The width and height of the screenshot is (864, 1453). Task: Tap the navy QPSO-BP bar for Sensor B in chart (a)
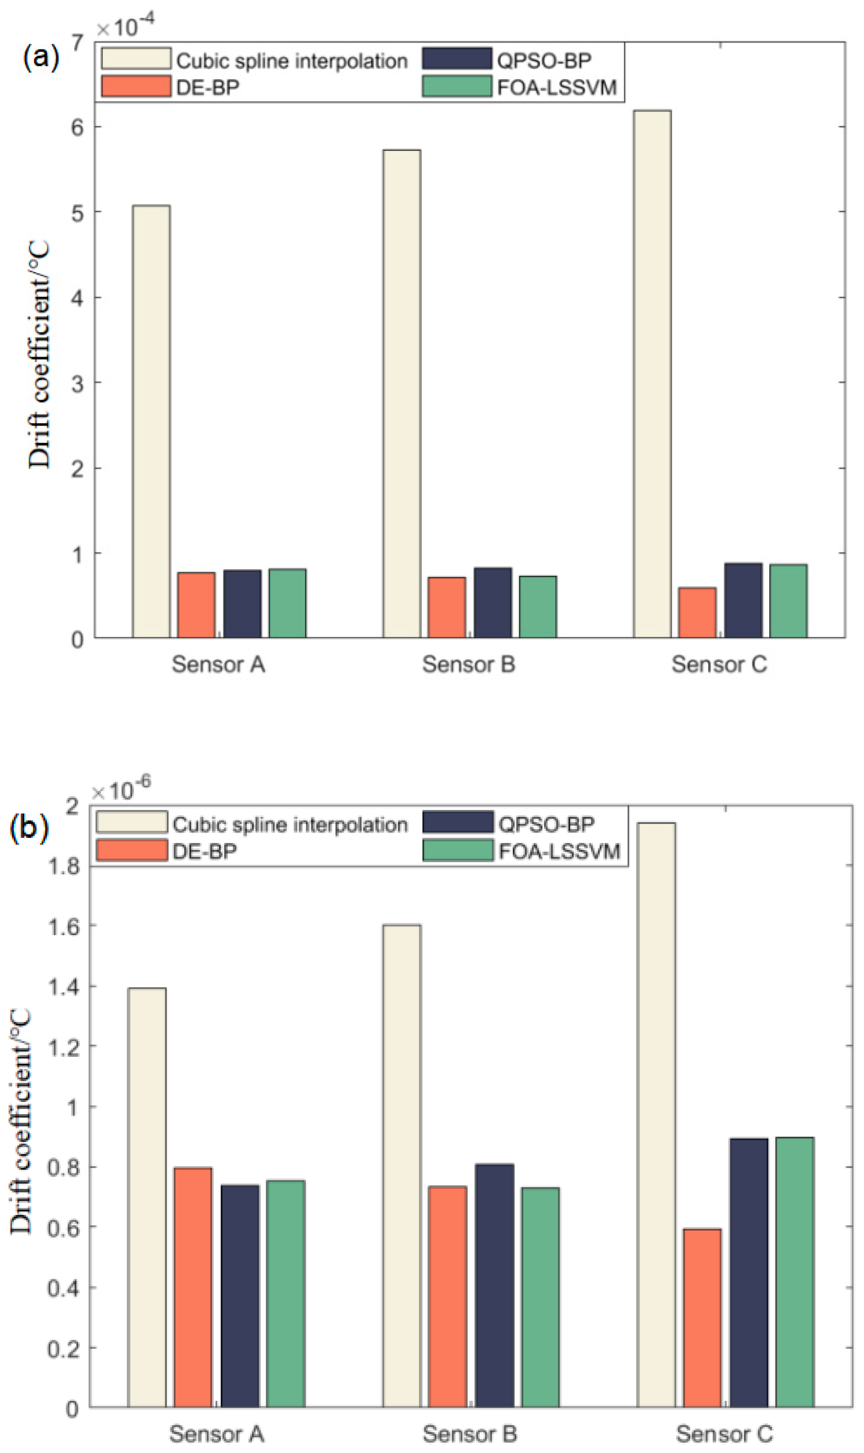pos(492,602)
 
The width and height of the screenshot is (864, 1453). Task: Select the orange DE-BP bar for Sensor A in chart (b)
pos(193,1287)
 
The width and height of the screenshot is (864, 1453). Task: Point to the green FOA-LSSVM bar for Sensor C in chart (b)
pos(794,1272)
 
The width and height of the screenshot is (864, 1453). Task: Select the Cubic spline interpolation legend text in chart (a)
pos(292,61)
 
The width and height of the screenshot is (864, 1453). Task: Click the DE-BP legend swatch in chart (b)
pos(132,851)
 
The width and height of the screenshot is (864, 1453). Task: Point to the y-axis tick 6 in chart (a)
pos(77,127)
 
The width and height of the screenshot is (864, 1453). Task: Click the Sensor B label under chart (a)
pos(469,664)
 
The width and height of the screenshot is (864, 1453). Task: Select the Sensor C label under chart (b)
pos(724,1433)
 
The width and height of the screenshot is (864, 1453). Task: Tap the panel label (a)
pos(41,58)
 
